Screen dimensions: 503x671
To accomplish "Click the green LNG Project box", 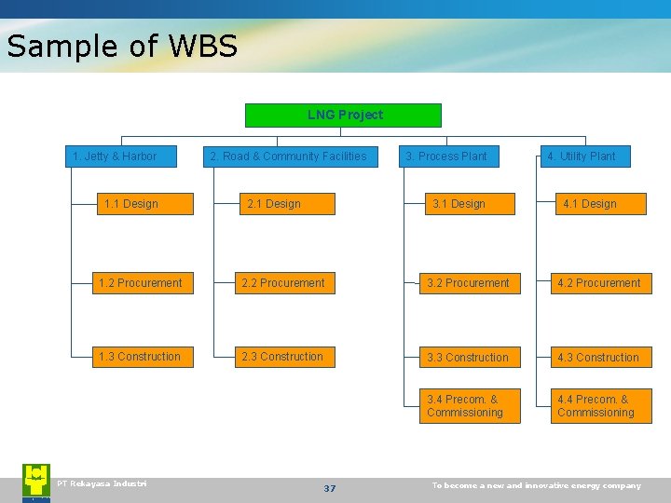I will tap(343, 116).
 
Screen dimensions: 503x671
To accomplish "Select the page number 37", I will tap(329, 488).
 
